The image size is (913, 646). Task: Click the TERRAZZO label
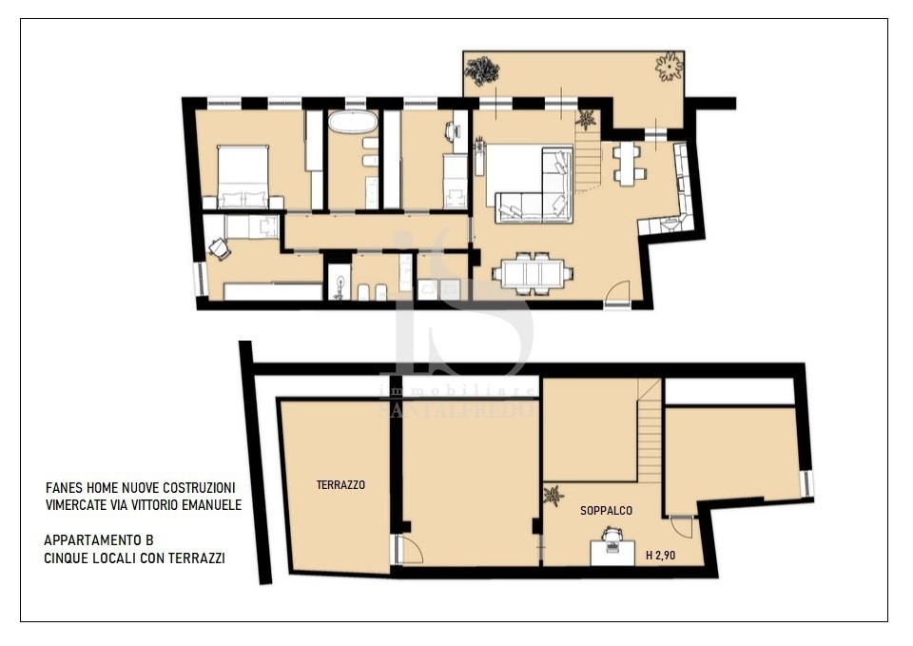coord(340,484)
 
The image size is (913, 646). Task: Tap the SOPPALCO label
coord(606,511)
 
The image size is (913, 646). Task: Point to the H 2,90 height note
coord(661,555)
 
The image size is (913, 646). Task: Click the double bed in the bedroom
coord(243,177)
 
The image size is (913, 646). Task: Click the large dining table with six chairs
coord(533,273)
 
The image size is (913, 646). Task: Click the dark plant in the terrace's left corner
coord(481,71)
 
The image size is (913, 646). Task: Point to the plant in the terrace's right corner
coord(669,67)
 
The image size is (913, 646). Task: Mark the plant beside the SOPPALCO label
coord(553,497)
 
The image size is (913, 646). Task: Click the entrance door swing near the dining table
coord(617,292)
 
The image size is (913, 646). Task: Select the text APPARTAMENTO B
coord(99,540)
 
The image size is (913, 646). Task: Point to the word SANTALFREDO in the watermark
coord(456,410)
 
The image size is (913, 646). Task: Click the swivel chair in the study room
coord(219,248)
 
